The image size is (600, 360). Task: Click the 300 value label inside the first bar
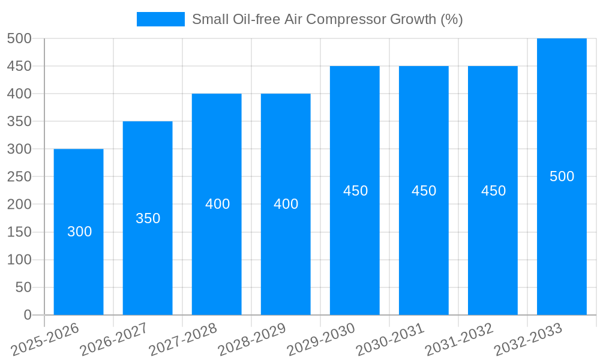(x=79, y=232)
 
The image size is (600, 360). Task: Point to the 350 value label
(x=148, y=218)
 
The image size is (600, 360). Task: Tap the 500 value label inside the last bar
(x=562, y=176)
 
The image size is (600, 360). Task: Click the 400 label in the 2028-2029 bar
(x=286, y=204)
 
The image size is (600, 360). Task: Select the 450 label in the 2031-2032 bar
(x=493, y=191)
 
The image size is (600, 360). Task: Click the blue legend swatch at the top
(x=160, y=19)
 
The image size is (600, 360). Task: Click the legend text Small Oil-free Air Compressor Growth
(x=327, y=19)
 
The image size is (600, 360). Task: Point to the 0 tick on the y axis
(x=27, y=315)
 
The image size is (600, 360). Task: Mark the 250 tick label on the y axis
(x=19, y=177)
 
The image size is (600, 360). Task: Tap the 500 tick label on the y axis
(x=19, y=38)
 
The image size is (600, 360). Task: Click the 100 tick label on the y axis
(x=19, y=260)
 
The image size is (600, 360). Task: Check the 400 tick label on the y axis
(x=19, y=94)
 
